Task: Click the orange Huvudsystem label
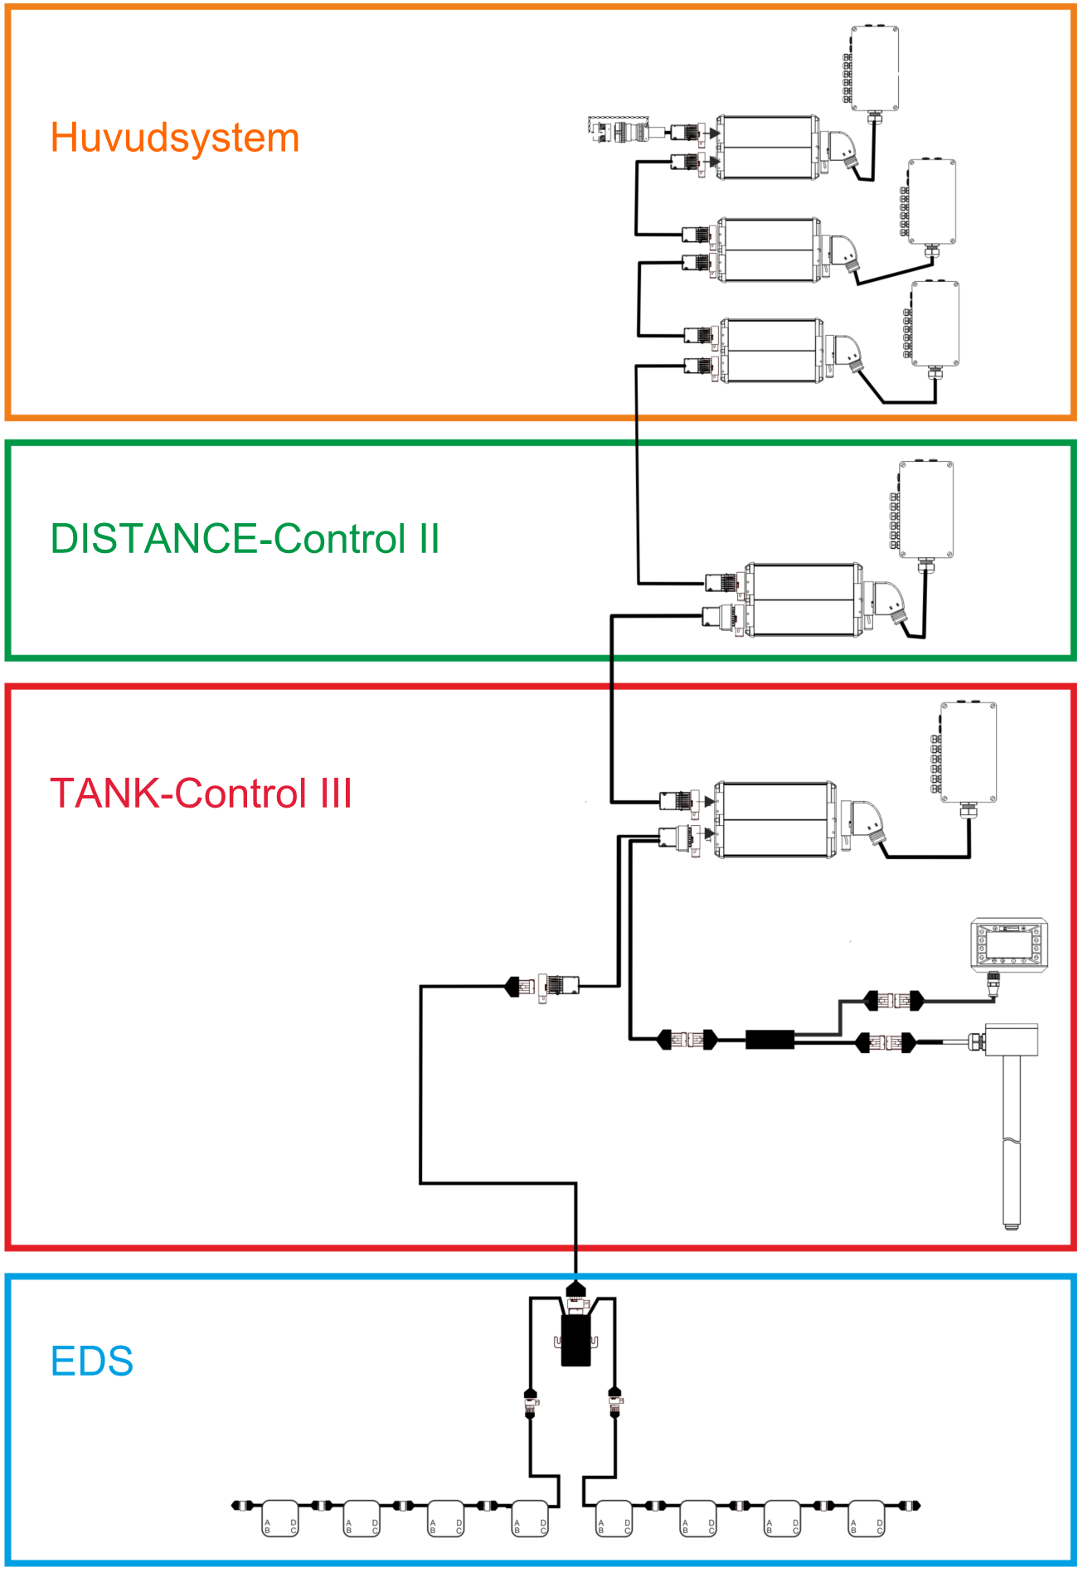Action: click(174, 138)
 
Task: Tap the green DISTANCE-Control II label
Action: click(245, 539)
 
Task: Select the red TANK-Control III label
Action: click(201, 793)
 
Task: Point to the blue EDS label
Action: click(91, 1361)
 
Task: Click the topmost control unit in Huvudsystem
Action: click(767, 148)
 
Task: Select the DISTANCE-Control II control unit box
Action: click(803, 599)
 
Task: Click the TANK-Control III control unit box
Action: click(775, 819)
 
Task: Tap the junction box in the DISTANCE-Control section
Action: click(926, 510)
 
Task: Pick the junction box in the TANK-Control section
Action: click(968, 752)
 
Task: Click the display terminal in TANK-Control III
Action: click(1009, 944)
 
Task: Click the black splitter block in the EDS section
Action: click(575, 1340)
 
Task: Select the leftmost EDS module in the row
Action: click(280, 1518)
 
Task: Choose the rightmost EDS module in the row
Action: click(867, 1518)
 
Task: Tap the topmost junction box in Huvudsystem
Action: click(875, 68)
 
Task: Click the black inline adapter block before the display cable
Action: click(770, 1039)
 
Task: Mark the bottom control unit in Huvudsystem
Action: click(772, 351)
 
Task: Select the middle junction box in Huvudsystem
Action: click(931, 201)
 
